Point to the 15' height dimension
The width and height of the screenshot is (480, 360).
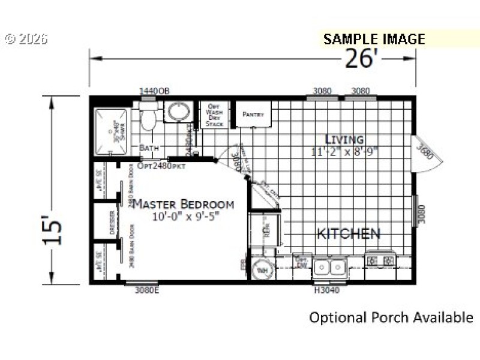pyautogui.click(x=53, y=231)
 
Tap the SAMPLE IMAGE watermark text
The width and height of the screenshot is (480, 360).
pyautogui.click(x=374, y=39)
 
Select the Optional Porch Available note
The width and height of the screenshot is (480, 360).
pyautogui.click(x=391, y=317)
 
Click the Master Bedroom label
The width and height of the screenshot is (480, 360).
pyautogui.click(x=183, y=204)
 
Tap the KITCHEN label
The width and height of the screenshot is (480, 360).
pyautogui.click(x=348, y=233)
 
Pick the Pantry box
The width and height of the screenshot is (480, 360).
pyautogui.click(x=253, y=114)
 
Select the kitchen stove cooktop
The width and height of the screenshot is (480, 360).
pyautogui.click(x=381, y=261)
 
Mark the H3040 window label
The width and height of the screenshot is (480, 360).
pyautogui.click(x=328, y=291)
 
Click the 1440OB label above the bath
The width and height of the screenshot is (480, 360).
pyautogui.click(x=154, y=91)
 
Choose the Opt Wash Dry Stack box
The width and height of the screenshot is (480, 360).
pyautogui.click(x=214, y=114)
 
